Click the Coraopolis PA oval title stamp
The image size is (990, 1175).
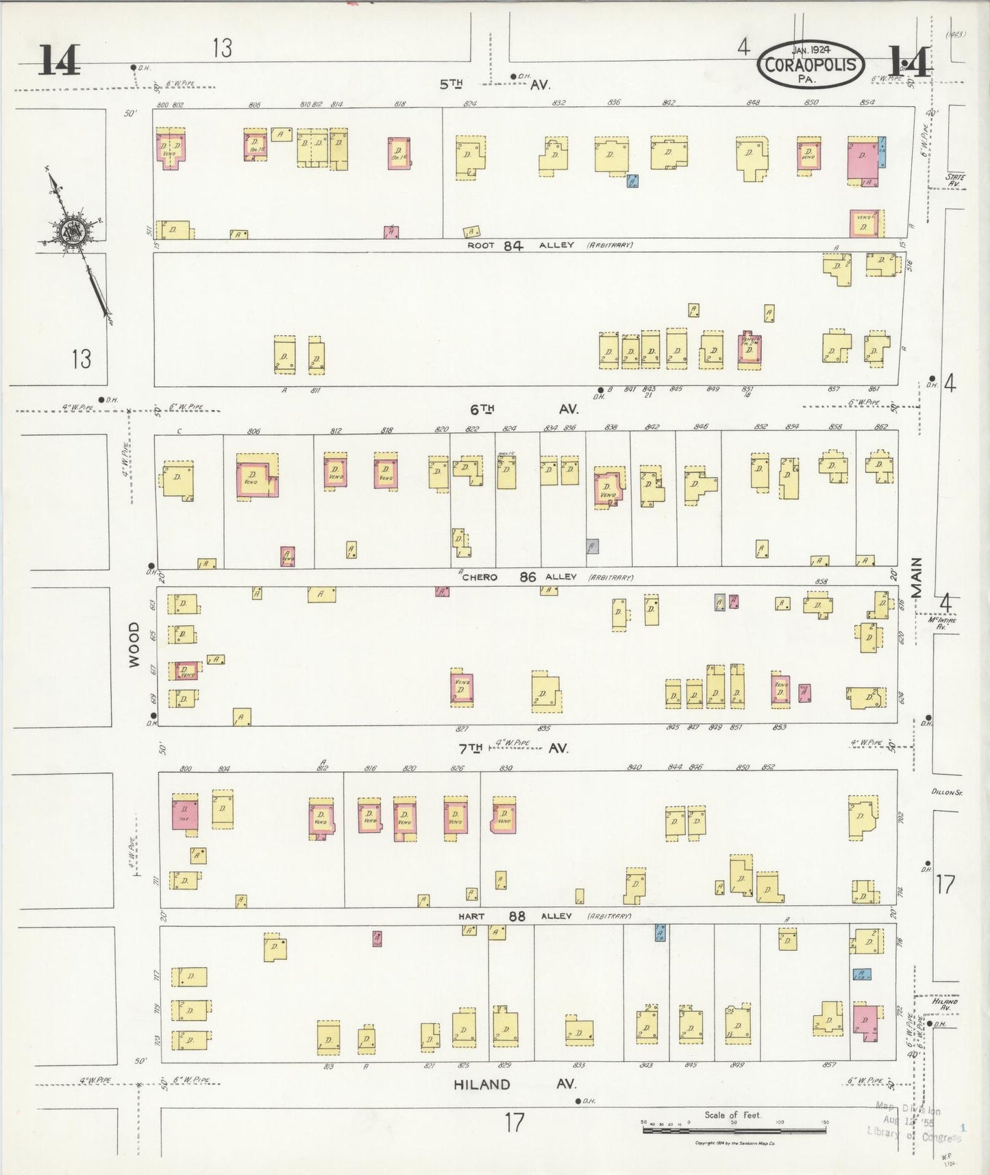[811, 65]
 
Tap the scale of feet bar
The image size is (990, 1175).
[734, 1129]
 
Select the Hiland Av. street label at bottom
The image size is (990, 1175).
[515, 1085]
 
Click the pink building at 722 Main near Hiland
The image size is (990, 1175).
[866, 1019]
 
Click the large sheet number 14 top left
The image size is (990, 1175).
[58, 60]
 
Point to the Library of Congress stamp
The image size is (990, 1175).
[914, 1123]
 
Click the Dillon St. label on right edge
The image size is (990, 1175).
[947, 792]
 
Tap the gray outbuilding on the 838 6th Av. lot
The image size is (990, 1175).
[593, 546]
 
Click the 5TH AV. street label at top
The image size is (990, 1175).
[495, 84]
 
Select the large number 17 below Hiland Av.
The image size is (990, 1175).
[515, 1123]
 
